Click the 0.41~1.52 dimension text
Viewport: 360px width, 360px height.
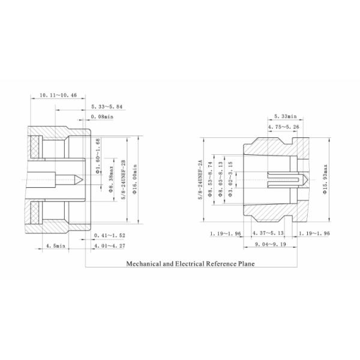(x=109, y=235)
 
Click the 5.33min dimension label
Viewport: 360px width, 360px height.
(x=284, y=116)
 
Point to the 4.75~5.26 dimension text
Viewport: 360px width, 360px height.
(x=283, y=127)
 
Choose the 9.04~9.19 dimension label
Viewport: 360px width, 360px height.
(x=268, y=244)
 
